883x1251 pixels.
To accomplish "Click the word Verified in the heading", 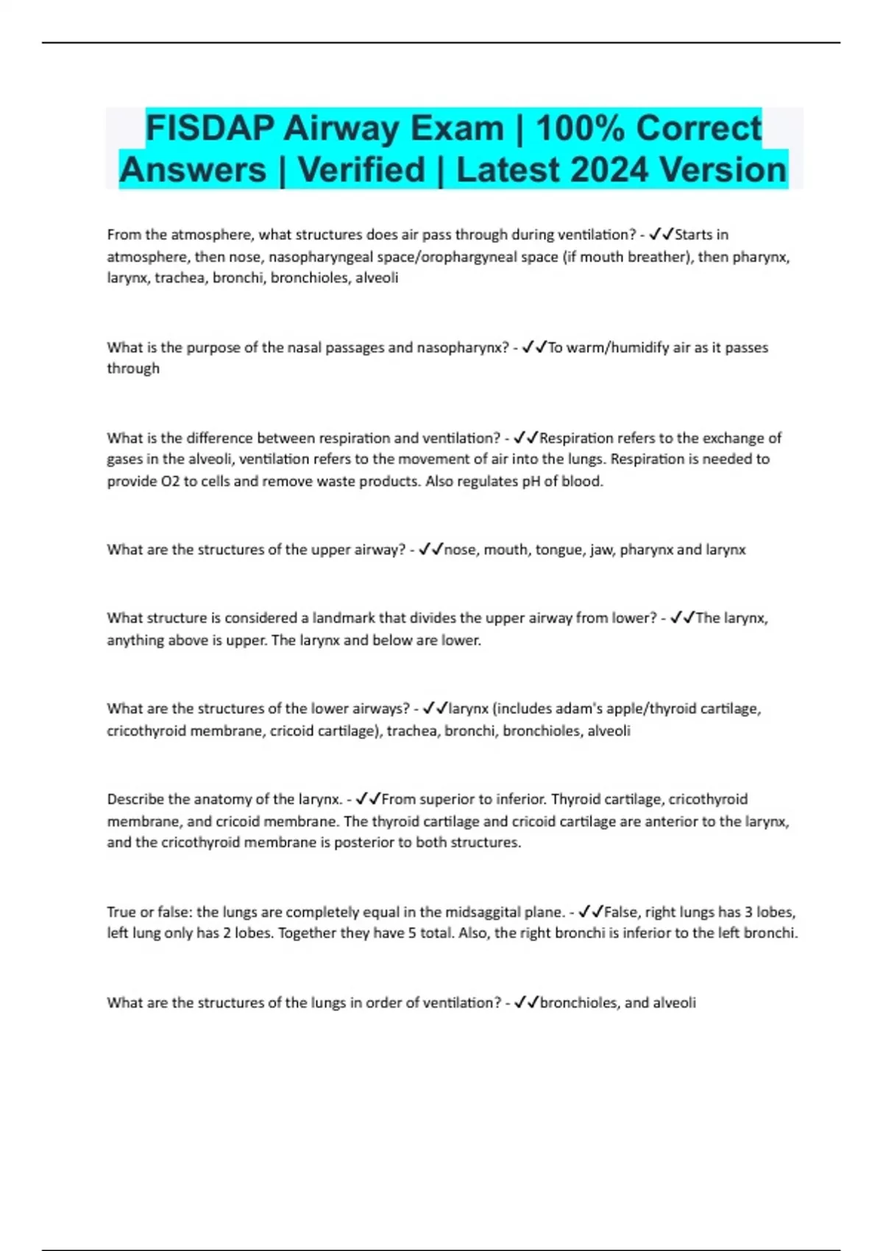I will pos(361,170).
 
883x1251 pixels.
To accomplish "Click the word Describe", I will pos(136,799).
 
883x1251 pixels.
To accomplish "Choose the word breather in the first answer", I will pos(659,257).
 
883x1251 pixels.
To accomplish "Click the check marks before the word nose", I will pos(430,550).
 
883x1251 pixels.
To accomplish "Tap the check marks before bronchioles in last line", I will pos(526,1002).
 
